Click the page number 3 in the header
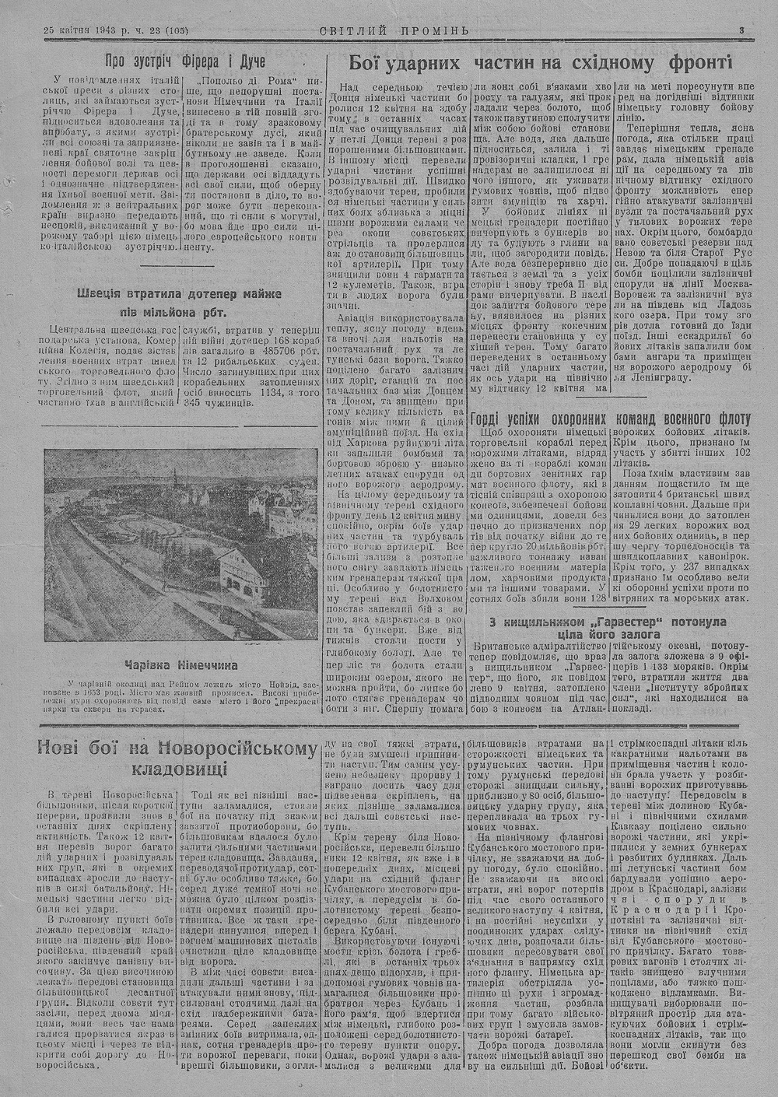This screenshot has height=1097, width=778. pos(742,30)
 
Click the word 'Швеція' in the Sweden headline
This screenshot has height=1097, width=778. pos(103,294)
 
